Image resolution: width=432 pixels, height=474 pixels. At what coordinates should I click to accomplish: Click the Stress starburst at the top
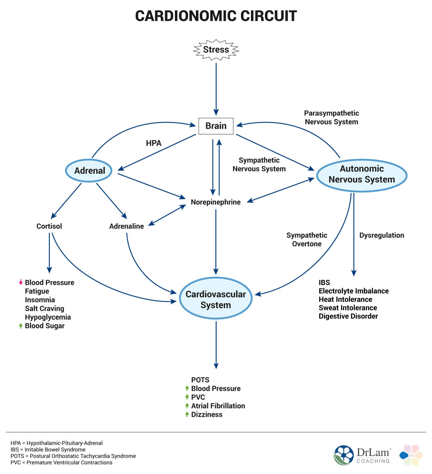pyautogui.click(x=216, y=49)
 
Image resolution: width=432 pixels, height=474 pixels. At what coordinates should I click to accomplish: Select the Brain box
pyautogui.click(x=216, y=126)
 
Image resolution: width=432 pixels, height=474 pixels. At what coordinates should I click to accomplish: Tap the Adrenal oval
pyautogui.click(x=89, y=171)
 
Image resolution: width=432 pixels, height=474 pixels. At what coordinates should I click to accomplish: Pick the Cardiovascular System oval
pyautogui.click(x=216, y=299)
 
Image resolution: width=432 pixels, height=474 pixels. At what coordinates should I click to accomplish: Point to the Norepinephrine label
pyautogui.click(x=216, y=202)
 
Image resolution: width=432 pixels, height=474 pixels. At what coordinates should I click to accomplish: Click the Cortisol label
pyautogui.click(x=49, y=226)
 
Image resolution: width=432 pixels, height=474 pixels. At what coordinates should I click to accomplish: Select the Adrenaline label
pyautogui.click(x=126, y=226)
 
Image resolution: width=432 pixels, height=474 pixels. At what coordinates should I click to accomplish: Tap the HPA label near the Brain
pyautogui.click(x=154, y=143)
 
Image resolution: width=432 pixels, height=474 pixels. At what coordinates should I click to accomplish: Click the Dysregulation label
pyautogui.click(x=382, y=235)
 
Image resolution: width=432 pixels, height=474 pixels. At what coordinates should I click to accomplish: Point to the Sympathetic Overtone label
pyautogui.click(x=307, y=239)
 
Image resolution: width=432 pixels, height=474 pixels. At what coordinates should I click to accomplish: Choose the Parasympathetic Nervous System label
pyautogui.click(x=331, y=117)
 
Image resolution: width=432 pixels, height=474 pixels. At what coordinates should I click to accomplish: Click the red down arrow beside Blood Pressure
pyautogui.click(x=21, y=282)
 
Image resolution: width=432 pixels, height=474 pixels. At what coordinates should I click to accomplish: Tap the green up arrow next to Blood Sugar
pyautogui.click(x=21, y=326)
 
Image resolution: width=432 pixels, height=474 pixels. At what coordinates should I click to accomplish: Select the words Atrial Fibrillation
pyautogui.click(x=218, y=406)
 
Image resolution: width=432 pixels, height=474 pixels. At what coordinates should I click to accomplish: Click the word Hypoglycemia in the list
pyautogui.click(x=48, y=317)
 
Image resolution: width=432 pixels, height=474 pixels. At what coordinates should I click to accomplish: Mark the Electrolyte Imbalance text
pyautogui.click(x=353, y=291)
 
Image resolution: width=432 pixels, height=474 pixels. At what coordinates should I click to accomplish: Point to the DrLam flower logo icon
pyautogui.click(x=344, y=455)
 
